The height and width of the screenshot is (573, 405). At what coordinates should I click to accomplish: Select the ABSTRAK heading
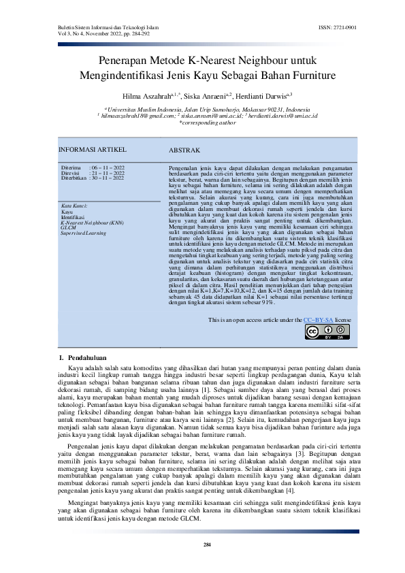click(x=184, y=150)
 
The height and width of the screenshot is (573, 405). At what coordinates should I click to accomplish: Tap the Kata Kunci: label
click(x=76, y=206)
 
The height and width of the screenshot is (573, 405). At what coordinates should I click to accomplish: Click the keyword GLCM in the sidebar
click(x=68, y=228)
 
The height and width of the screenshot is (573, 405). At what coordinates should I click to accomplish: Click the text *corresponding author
click(x=203, y=123)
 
